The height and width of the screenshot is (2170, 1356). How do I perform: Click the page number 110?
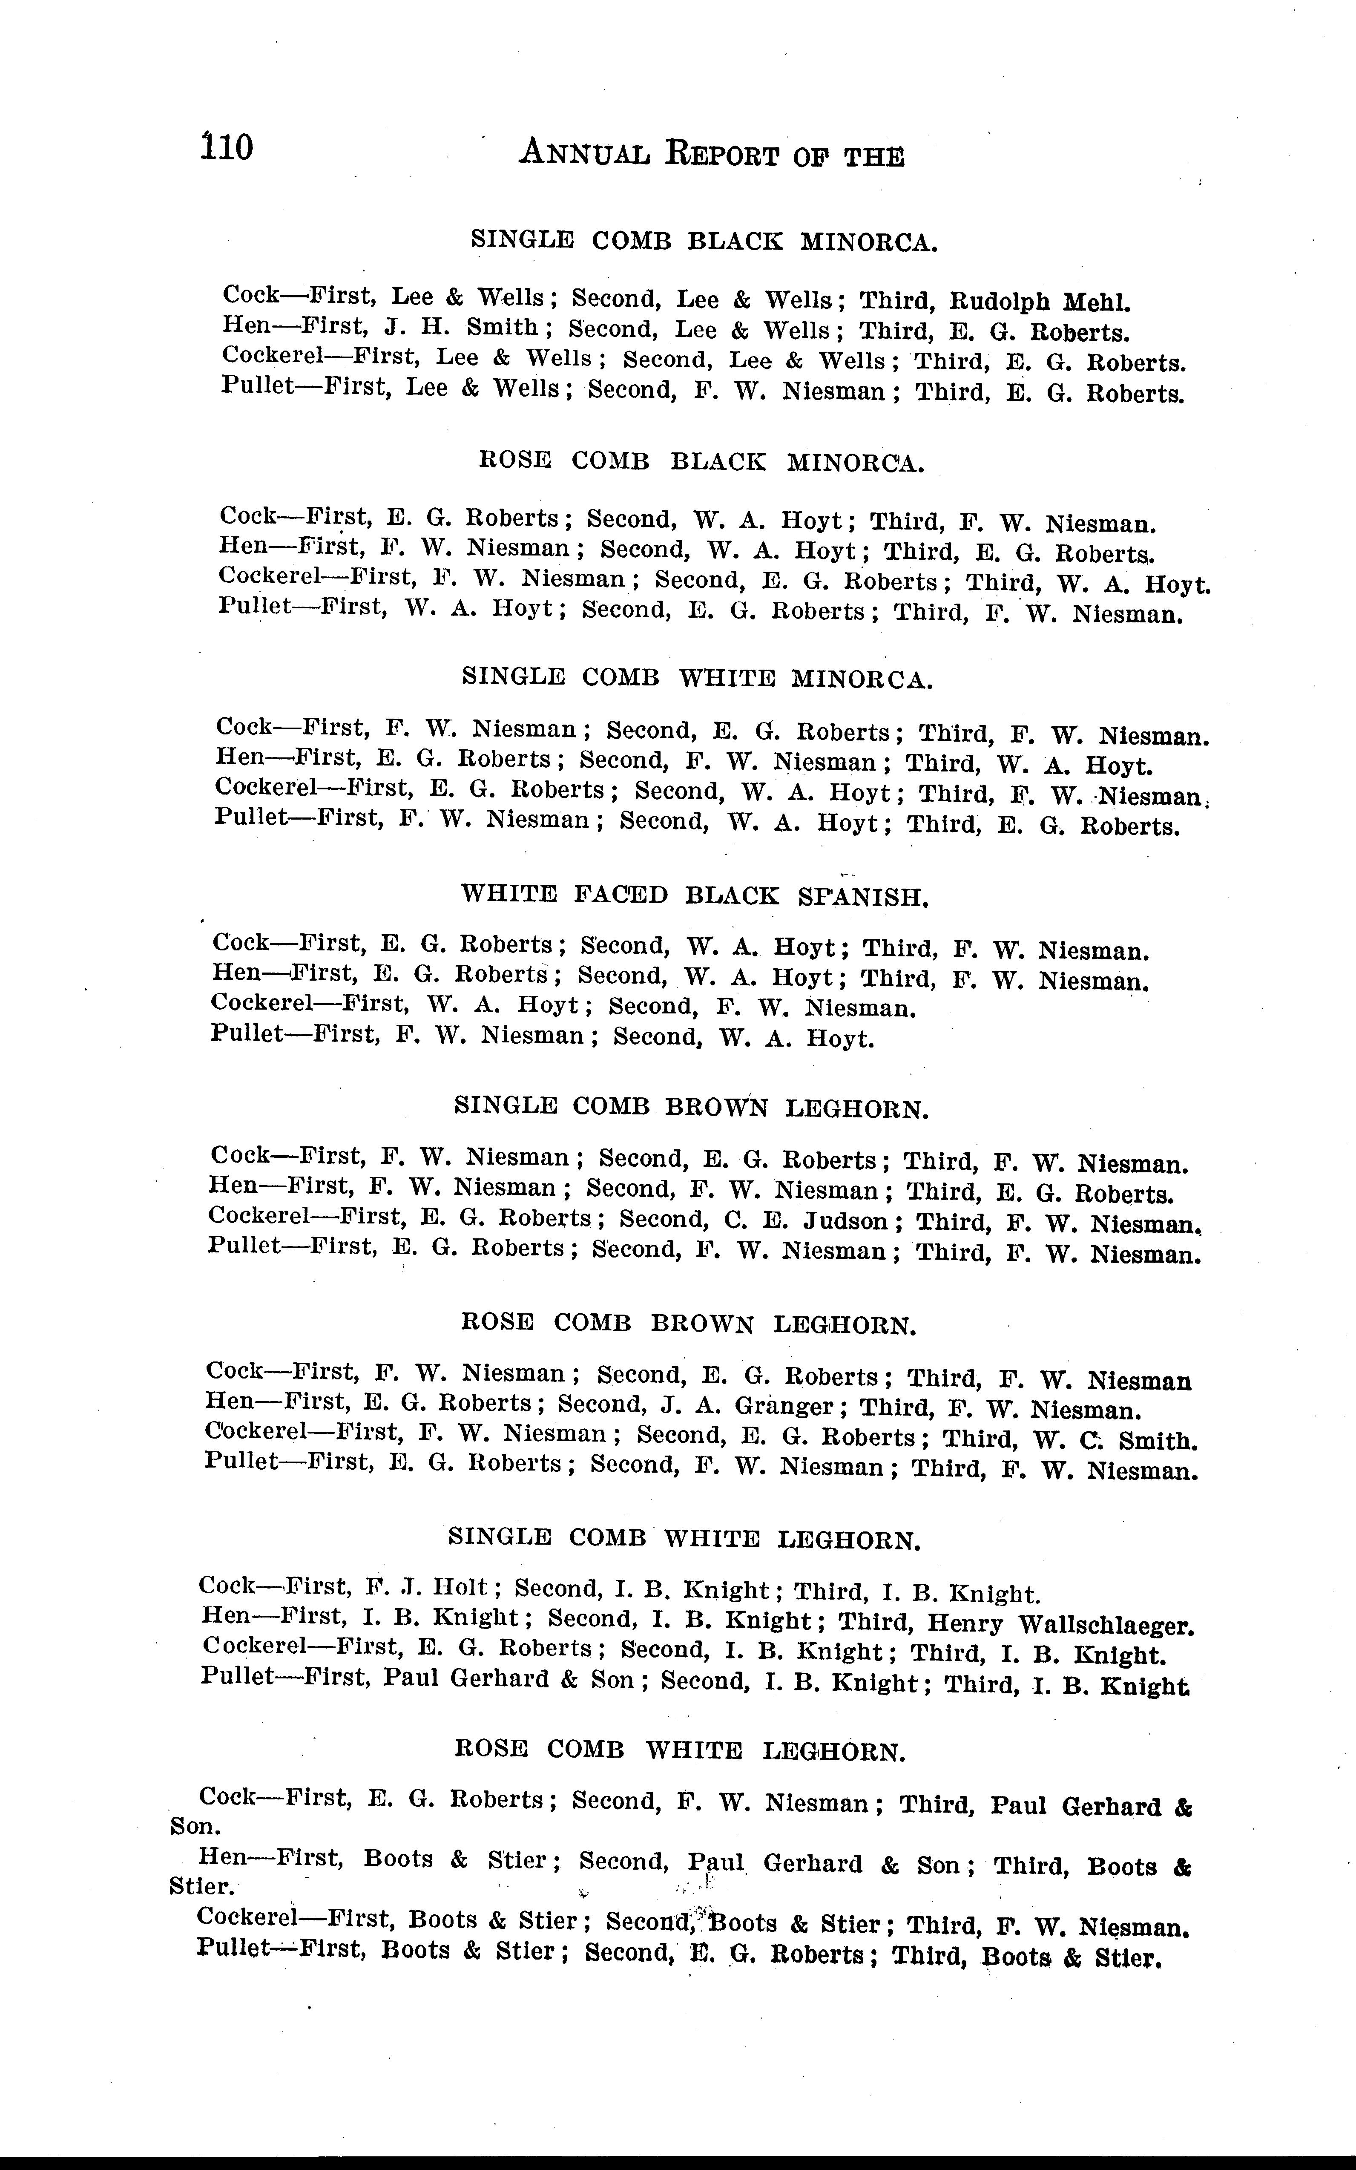point(227,146)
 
